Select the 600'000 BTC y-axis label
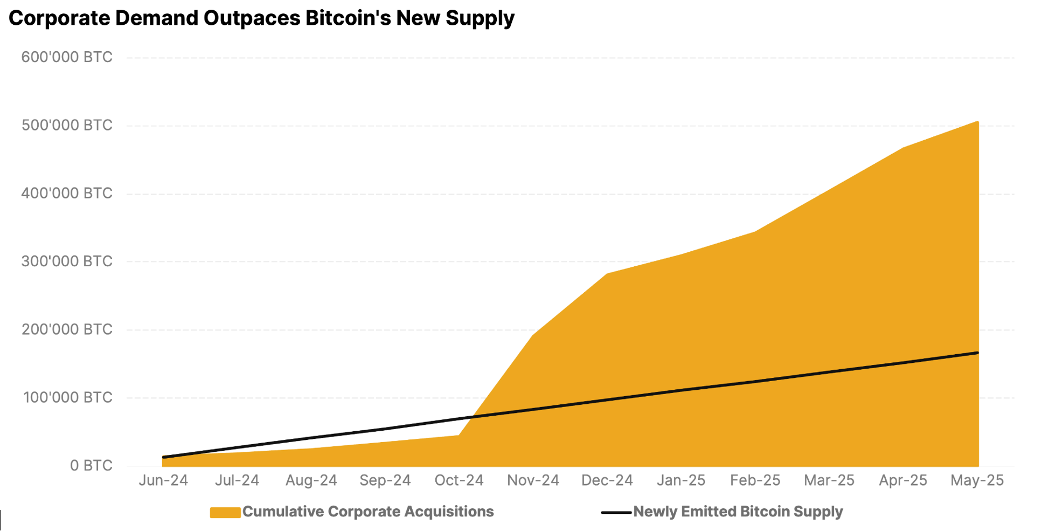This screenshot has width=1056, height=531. coord(67,57)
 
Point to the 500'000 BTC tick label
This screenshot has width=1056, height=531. coord(67,125)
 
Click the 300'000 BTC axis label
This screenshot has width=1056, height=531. coord(67,261)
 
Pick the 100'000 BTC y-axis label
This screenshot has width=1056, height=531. coord(67,398)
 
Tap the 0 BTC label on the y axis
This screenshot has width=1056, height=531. coord(91,466)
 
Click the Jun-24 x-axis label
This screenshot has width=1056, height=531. coord(163,480)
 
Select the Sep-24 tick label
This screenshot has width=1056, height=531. coord(385,480)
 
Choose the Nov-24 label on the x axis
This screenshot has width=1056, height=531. coord(533,480)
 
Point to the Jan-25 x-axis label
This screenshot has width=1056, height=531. coord(681,480)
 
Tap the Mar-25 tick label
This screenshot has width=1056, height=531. coord(829,480)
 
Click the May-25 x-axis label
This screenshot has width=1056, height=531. coord(977,480)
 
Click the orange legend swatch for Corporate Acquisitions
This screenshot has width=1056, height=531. coord(225,513)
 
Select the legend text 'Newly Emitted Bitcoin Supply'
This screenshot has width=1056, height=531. coord(738,512)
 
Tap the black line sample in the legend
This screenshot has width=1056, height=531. coord(616,513)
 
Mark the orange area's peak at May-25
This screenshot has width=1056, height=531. coord(978,122)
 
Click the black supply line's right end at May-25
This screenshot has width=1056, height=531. coord(977,353)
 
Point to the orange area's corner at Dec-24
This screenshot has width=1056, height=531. coord(607,274)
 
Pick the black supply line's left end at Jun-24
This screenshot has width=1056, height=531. coord(163,457)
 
